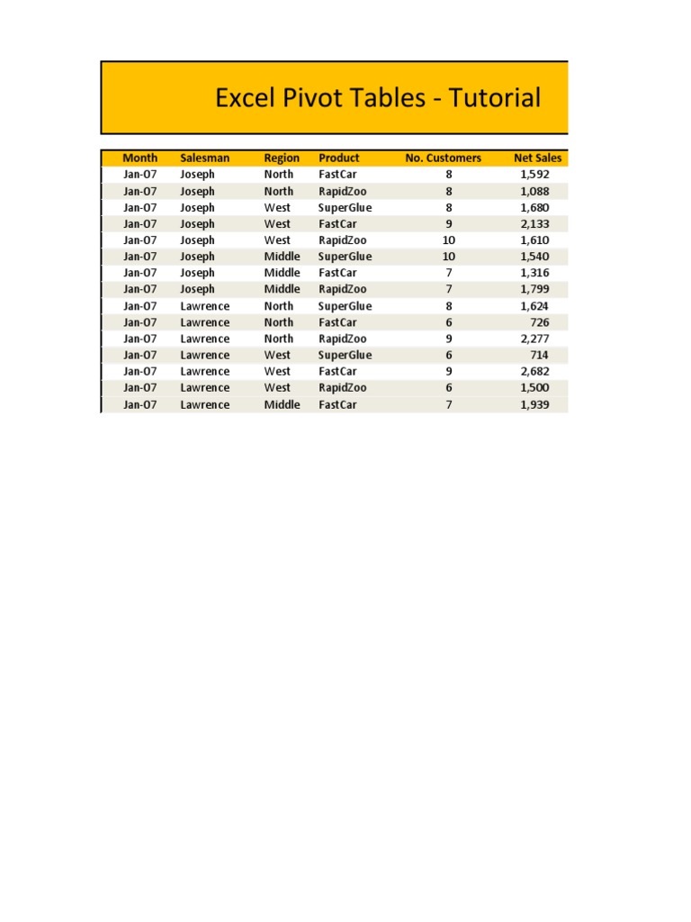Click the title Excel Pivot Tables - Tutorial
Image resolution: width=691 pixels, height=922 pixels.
(x=378, y=98)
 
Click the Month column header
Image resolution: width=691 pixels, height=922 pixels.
(x=139, y=158)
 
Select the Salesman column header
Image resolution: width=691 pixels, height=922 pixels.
(x=204, y=158)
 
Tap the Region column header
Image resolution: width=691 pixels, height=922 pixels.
(x=282, y=158)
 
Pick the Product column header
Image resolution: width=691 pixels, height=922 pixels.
(x=338, y=158)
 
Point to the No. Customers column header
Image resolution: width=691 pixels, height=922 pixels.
(x=443, y=158)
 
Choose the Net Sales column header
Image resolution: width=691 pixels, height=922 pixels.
(x=537, y=158)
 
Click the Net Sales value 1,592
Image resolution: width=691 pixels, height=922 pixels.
(x=534, y=174)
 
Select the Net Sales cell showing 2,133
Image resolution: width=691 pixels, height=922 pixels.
(x=534, y=223)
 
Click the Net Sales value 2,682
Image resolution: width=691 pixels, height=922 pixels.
(x=534, y=371)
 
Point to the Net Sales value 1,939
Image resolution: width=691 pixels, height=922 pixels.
(x=534, y=404)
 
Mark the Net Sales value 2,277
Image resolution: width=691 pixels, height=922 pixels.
(x=534, y=339)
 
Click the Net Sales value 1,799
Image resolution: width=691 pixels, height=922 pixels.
(x=534, y=289)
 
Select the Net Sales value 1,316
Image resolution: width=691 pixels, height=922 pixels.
(x=534, y=273)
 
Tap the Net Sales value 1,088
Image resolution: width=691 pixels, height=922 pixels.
(x=534, y=191)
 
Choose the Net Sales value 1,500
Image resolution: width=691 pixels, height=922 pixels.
(x=534, y=387)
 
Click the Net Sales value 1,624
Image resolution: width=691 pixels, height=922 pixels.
(x=534, y=306)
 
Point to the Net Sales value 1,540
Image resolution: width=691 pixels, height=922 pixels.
(x=534, y=257)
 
